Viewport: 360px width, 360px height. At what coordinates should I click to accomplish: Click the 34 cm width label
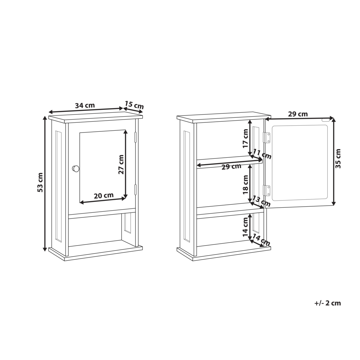coord(85,105)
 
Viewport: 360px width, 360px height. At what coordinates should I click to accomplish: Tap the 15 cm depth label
coord(134,105)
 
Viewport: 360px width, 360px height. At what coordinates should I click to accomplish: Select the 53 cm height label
coord(40,183)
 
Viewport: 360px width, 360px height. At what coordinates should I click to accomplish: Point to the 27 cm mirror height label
coord(121,165)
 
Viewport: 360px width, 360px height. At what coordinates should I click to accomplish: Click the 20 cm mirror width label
coord(104,196)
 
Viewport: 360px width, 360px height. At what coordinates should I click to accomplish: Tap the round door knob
coord(76,168)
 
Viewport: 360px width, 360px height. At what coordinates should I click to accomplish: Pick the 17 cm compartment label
coord(246,139)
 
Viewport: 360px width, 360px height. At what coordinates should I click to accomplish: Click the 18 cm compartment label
coord(246,184)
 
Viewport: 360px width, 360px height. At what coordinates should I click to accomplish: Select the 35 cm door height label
coord(338,159)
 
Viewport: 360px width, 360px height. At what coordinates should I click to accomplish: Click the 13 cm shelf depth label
coord(262,201)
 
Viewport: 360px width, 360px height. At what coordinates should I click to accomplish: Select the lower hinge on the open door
coord(267,190)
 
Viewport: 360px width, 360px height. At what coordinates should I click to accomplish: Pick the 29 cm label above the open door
coord(298,114)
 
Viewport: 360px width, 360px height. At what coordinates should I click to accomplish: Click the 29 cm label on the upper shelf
coord(231,166)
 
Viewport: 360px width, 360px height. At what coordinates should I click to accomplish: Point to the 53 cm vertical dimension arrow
coord(45,184)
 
